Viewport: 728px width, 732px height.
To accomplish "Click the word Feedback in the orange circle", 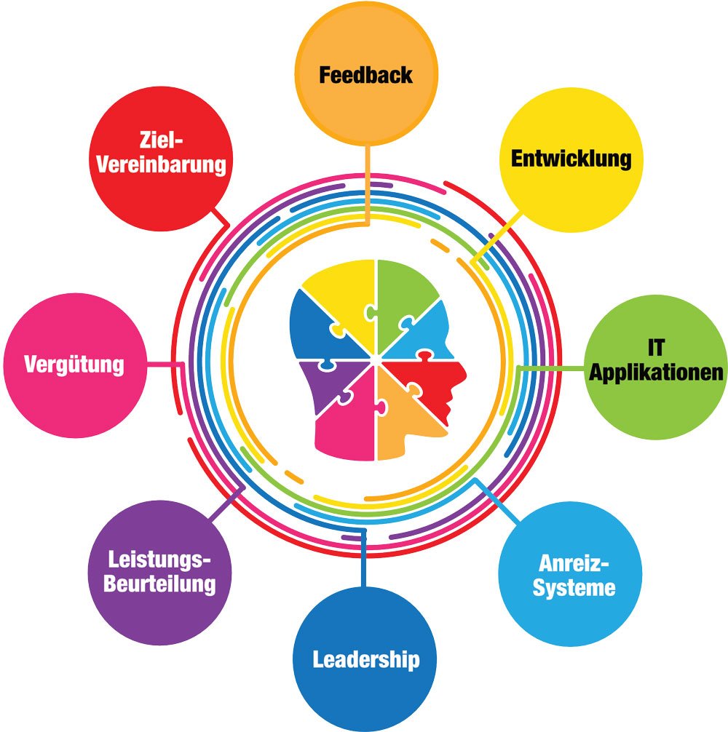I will (x=366, y=75).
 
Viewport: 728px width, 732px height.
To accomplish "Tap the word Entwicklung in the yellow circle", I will (x=571, y=159).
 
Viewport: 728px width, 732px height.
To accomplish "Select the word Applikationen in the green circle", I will (x=657, y=373).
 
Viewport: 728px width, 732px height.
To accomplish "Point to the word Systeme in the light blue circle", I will (x=574, y=587).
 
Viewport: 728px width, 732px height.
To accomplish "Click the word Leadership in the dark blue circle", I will (x=366, y=660).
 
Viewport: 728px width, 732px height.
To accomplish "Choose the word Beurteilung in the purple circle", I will (x=159, y=584).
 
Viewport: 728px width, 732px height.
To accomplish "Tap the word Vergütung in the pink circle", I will (x=74, y=364).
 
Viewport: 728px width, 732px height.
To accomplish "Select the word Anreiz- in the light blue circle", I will (x=574, y=564).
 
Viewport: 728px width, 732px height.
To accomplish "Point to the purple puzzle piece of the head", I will (x=328, y=382).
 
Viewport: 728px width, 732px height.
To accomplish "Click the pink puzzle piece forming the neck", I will (x=346, y=433).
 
